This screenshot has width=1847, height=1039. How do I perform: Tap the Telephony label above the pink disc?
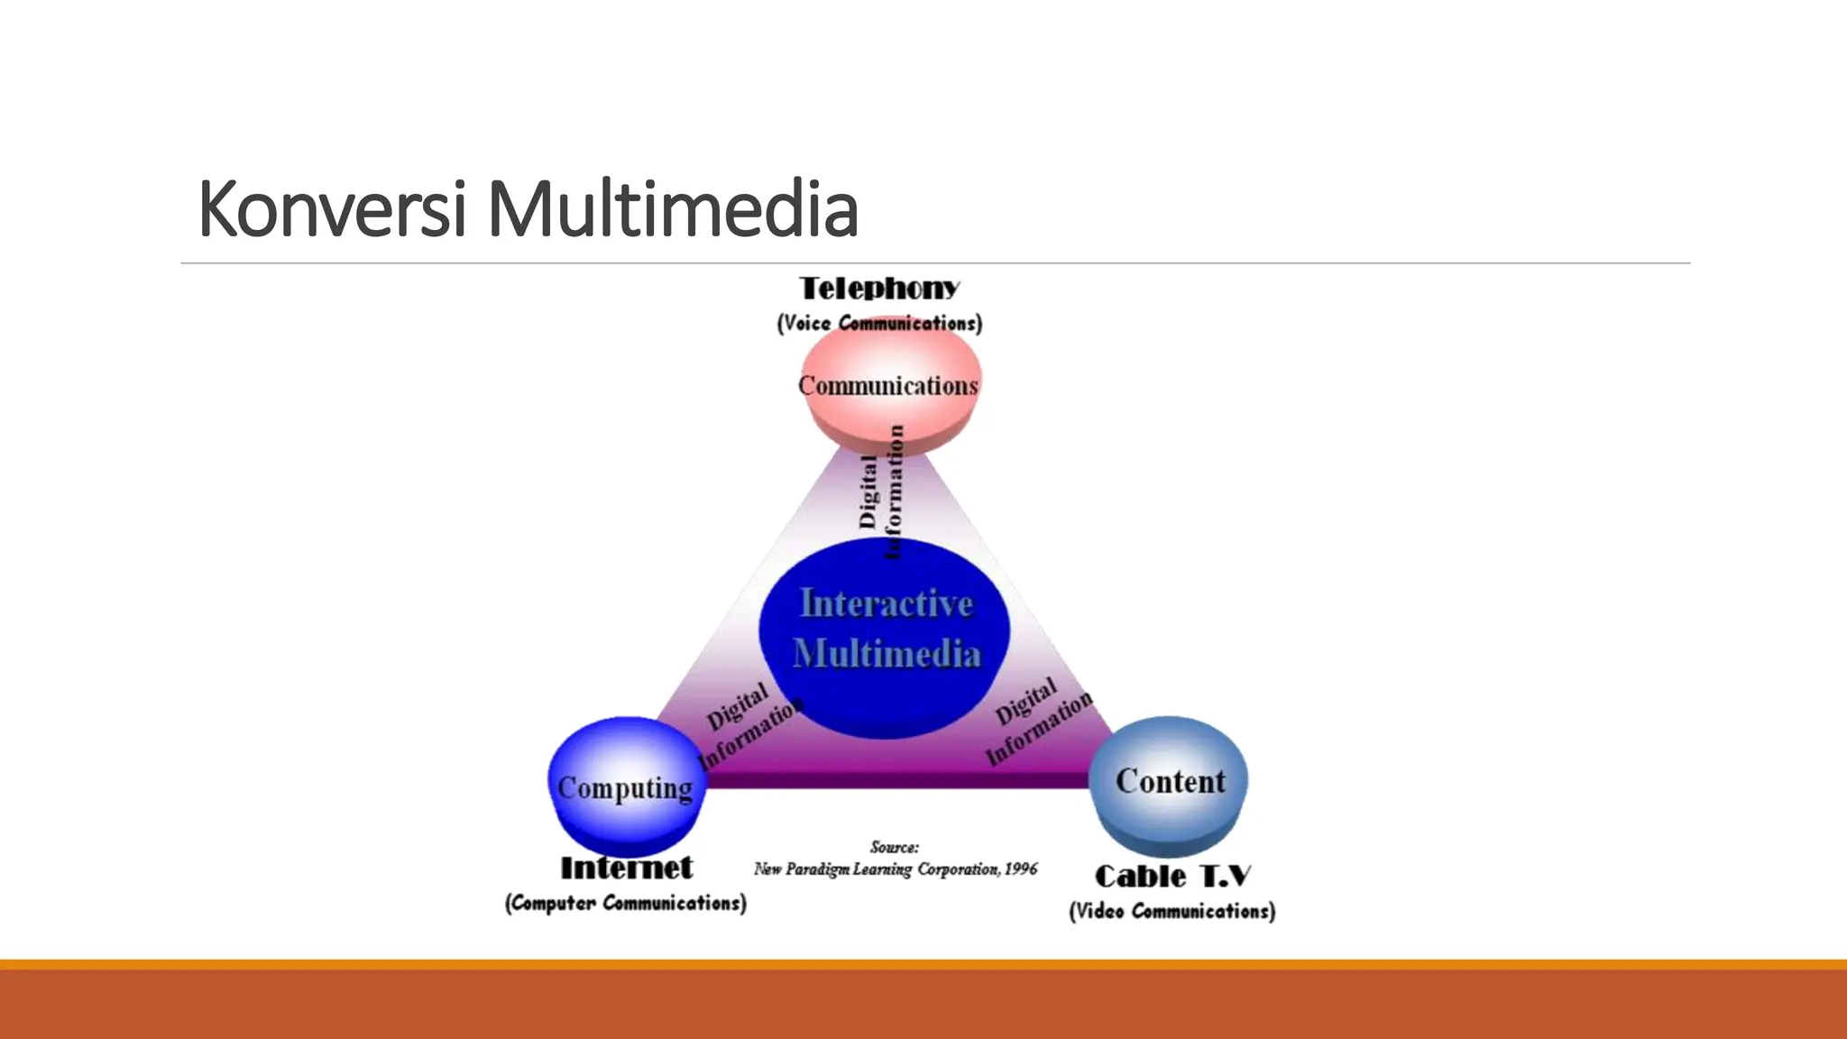point(879,289)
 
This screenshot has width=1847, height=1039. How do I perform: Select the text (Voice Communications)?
point(879,323)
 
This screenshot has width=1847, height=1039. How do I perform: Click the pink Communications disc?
point(891,397)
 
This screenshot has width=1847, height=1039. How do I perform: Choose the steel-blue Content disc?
point(1170,785)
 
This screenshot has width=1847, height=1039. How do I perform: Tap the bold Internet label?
point(626,869)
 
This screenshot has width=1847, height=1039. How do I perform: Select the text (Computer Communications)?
point(626,903)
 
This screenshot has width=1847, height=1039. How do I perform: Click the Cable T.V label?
point(1172,876)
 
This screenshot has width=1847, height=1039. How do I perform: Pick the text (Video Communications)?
point(1172,911)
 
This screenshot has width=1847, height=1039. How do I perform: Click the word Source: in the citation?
point(895,847)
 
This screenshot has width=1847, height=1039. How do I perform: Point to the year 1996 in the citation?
point(1021,869)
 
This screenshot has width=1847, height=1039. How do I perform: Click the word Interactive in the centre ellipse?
point(887,603)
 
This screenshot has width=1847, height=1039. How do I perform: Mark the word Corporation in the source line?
point(959,869)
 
